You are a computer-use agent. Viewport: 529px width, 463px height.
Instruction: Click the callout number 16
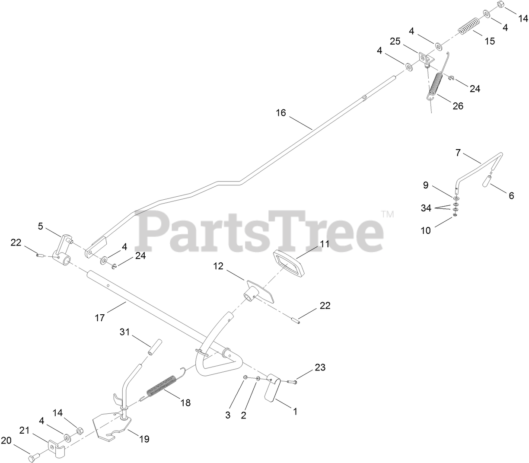point(281,113)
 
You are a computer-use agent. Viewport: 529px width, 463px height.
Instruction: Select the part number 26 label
point(458,105)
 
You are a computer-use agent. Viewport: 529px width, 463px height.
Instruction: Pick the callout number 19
point(144,439)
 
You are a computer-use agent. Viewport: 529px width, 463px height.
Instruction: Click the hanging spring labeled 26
point(437,83)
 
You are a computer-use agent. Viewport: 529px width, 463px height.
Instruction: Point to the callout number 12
point(218,266)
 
